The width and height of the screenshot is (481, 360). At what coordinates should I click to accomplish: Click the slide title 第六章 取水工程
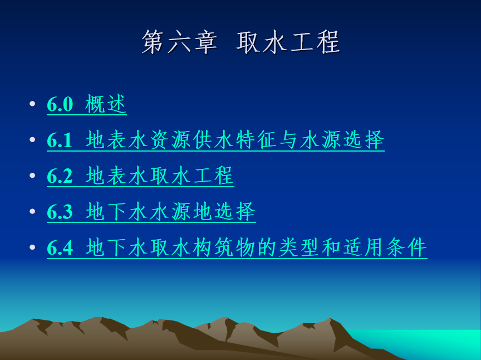[x=241, y=42]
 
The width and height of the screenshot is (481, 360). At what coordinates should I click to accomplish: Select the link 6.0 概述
[x=87, y=104]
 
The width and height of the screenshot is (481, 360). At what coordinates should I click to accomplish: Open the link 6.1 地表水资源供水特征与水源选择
[x=215, y=140]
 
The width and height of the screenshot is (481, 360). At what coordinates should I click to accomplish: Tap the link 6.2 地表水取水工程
[x=140, y=176]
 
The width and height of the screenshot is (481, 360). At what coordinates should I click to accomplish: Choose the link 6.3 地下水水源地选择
[x=151, y=212]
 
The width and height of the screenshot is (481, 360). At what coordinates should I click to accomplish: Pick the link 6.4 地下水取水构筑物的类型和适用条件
[x=237, y=247]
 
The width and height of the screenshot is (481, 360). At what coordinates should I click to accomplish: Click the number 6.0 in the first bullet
[x=60, y=104]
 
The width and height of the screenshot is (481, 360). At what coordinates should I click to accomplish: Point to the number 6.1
[x=60, y=140]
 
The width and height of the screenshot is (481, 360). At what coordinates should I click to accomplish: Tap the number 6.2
[x=60, y=176]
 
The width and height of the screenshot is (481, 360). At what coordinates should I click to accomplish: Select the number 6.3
[x=60, y=212]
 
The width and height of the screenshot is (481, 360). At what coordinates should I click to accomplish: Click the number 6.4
[x=60, y=248]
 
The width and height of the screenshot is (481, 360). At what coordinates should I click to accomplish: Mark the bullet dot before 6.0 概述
[x=32, y=104]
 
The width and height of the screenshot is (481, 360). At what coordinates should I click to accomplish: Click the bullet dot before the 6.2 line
[x=32, y=176]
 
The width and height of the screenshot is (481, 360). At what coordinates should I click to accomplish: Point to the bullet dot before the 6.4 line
[x=32, y=247]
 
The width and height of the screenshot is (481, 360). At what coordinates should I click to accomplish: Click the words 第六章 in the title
[x=179, y=42]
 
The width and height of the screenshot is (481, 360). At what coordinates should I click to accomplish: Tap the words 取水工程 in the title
[x=288, y=42]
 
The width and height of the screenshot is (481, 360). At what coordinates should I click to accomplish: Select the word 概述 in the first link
[x=106, y=104]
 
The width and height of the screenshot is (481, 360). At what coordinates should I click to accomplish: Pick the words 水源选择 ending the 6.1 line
[x=342, y=139]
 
